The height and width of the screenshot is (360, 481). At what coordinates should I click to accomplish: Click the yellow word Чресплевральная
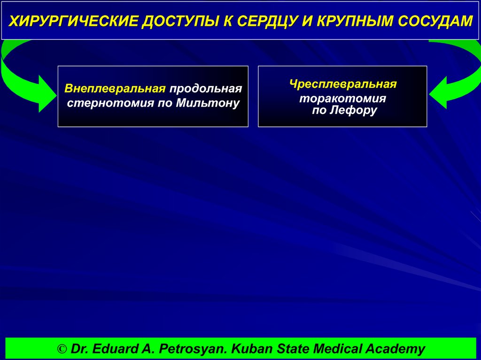(x=343, y=84)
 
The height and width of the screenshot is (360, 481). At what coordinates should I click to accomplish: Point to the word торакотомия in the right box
(x=343, y=99)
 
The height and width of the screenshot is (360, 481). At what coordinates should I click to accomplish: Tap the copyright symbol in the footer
(x=62, y=349)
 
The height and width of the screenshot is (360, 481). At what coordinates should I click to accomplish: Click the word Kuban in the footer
(x=248, y=349)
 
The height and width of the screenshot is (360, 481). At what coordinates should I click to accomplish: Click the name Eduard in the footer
(x=112, y=349)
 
